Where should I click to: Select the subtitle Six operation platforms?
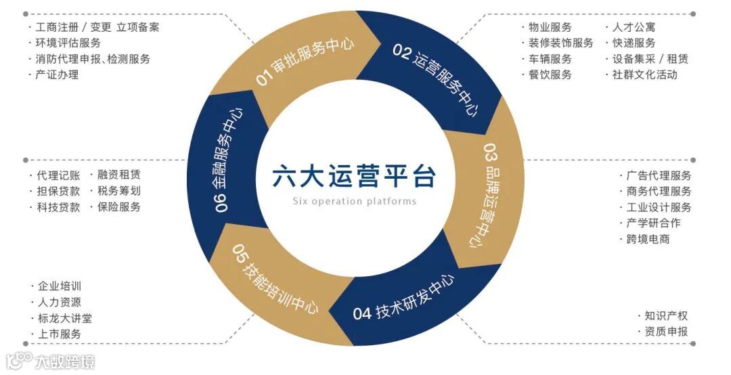coord(354,201)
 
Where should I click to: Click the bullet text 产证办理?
coord(57,75)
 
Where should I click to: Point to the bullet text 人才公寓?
coord(634,27)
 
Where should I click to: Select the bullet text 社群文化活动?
coord(644,75)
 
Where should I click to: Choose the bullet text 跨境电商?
coord(648,239)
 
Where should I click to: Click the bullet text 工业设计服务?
coord(659,207)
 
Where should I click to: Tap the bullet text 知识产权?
coord(666,315)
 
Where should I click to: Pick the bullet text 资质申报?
coord(666,332)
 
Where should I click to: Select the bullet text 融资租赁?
coord(118,175)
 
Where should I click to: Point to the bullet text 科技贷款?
coord(58,207)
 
